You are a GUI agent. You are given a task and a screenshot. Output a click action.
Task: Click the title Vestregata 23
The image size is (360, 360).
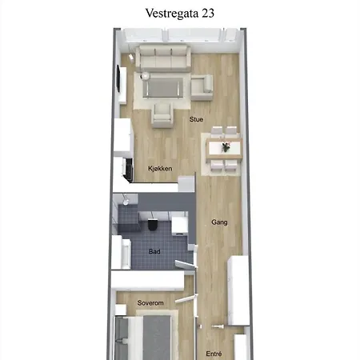tap(180, 14)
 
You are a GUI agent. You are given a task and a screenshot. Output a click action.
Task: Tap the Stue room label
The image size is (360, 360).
tap(196, 119)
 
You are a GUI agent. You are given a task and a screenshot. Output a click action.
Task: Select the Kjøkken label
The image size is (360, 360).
tap(160, 169)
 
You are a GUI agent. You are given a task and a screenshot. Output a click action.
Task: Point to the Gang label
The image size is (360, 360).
tap(219, 222)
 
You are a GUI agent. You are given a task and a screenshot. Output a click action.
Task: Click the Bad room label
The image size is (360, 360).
tap(154, 251)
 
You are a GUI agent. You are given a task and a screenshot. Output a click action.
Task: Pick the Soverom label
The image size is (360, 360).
tap(150, 303)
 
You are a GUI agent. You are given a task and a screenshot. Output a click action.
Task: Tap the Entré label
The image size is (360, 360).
tap(214, 354)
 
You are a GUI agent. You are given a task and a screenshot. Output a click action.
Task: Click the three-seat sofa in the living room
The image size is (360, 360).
tap(163, 58)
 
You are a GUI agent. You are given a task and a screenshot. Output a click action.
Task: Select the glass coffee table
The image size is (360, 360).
tap(163, 87)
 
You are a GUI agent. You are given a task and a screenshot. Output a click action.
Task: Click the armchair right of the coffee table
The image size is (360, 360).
tap(202, 88)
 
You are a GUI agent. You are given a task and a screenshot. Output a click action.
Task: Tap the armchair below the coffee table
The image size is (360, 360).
tap(162, 115)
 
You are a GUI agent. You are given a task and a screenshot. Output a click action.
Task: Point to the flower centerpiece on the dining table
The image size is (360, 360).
tap(226, 146)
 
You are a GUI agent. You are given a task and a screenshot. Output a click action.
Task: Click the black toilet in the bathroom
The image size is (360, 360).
tap(153, 226)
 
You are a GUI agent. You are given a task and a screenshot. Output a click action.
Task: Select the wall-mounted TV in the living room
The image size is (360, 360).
tap(118, 79)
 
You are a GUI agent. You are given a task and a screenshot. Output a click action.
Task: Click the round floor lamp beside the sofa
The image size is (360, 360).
tap(146, 76)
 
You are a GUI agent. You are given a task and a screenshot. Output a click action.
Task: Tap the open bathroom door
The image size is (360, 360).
tap(186, 264)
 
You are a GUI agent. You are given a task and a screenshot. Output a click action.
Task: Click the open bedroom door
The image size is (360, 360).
tap(186, 298)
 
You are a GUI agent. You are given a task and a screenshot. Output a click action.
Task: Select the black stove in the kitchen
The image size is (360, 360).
tap(129, 170)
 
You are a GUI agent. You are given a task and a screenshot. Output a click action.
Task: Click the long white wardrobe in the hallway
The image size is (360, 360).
tap(238, 290)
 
